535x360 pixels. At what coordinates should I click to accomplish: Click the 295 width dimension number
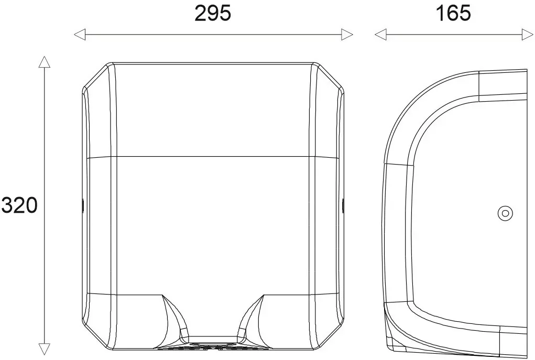click(212, 14)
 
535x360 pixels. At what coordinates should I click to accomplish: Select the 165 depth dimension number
click(453, 14)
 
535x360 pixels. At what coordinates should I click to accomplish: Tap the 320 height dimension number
click(19, 205)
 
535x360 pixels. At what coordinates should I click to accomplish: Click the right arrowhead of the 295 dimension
click(347, 35)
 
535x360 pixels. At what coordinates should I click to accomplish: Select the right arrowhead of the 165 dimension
click(527, 35)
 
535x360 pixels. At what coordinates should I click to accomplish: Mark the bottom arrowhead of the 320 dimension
click(45, 349)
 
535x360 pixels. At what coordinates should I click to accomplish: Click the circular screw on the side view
click(505, 213)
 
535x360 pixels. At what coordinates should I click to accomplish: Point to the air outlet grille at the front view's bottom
click(212, 346)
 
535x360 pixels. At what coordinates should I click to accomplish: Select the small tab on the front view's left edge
click(83, 205)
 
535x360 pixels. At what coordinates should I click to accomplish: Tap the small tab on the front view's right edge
click(342, 205)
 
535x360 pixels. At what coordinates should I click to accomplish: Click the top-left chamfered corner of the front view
click(95, 77)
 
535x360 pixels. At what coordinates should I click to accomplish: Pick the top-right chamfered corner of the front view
click(330, 77)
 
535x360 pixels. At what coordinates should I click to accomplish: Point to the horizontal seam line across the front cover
click(212, 156)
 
